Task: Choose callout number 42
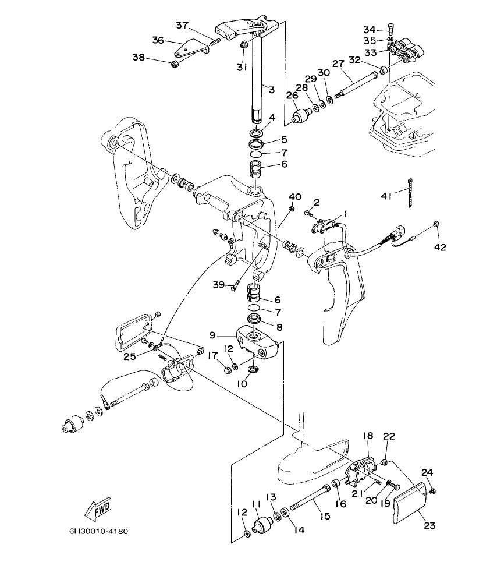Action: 439,247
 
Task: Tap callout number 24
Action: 428,472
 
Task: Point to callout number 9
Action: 212,335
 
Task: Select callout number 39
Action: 218,284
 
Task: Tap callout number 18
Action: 368,436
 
